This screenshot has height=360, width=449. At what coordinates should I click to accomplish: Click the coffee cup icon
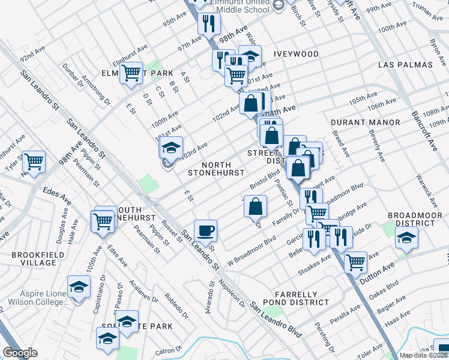point(205,231)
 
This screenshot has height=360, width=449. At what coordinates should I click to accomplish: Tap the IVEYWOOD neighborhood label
point(297,54)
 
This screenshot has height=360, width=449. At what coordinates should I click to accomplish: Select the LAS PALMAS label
point(405,64)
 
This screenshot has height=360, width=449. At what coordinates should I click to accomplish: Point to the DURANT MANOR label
point(365,122)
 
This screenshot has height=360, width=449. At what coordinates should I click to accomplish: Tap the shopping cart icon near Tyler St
point(34,161)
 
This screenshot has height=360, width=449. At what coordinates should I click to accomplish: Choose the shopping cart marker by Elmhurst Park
point(131,74)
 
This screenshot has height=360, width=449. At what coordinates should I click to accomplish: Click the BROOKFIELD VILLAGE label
point(34,259)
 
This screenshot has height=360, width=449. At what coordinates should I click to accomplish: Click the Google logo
point(20,353)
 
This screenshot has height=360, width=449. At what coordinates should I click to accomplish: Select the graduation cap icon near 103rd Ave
point(171,148)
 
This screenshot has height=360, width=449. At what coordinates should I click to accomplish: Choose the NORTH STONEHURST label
point(215,169)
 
